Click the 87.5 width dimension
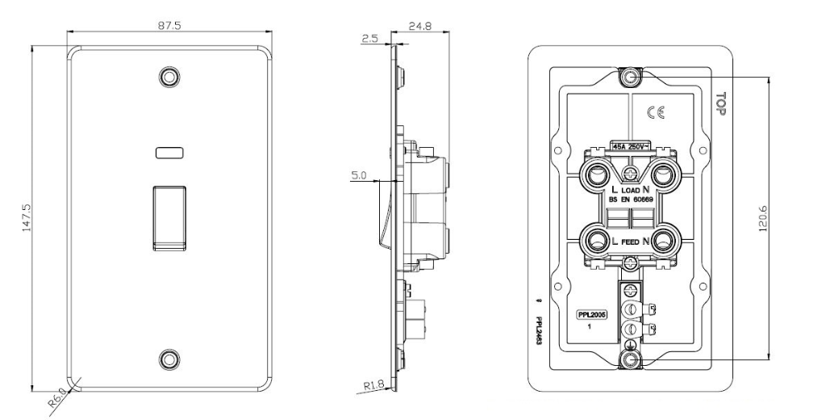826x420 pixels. tap(169, 25)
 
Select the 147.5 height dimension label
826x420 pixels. tap(27, 219)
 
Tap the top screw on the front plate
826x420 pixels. tap(169, 76)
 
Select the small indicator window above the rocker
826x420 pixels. tap(169, 151)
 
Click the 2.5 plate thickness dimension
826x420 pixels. tap(369, 37)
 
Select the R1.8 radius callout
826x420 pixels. tap(373, 386)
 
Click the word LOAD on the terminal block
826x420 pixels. tap(630, 191)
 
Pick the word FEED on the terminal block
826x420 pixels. tap(630, 241)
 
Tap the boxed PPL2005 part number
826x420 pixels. tap(591, 315)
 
